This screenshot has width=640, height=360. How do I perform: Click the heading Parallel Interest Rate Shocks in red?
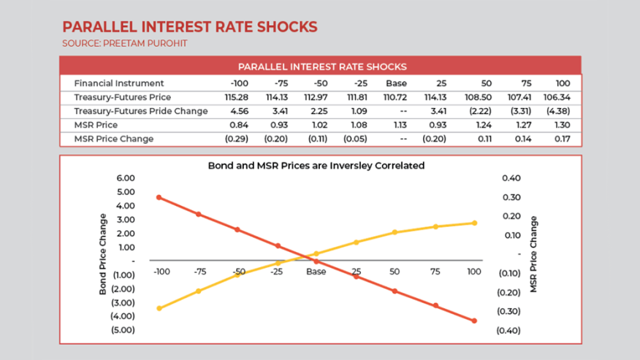coord(190,27)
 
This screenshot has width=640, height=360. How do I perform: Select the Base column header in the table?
coord(396,83)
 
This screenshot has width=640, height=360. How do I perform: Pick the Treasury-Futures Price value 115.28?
coord(237,97)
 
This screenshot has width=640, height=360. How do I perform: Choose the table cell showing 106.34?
coord(557,97)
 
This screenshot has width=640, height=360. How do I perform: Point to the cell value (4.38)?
coord(557,111)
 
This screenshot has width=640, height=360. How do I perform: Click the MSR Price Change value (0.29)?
coord(236,139)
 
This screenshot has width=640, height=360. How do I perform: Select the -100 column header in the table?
coord(239,83)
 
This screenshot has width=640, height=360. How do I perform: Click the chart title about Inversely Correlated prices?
coord(316,166)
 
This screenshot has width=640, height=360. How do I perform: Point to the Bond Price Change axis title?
coord(102,254)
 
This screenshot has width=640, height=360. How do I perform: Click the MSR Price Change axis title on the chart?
coord(534,254)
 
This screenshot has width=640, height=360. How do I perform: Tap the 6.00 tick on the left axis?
coord(126,178)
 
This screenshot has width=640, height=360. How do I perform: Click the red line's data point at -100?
coord(159,197)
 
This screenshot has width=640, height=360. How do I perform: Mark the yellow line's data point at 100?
coord(474,223)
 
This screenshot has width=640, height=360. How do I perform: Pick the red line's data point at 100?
coord(474,321)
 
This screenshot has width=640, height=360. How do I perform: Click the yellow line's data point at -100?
coord(159,308)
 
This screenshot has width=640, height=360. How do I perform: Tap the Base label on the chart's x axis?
coord(316,272)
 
